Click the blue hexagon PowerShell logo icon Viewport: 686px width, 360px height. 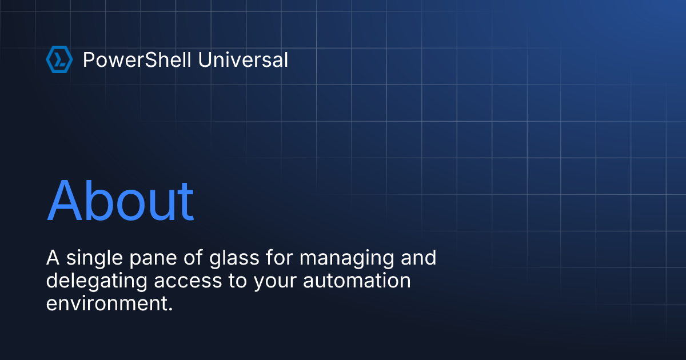tap(59, 60)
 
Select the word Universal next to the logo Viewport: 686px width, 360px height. tap(243, 60)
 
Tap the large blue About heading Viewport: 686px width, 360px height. tap(121, 201)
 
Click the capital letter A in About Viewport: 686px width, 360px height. tap(66, 201)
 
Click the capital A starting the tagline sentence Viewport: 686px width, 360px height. tap(53, 258)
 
